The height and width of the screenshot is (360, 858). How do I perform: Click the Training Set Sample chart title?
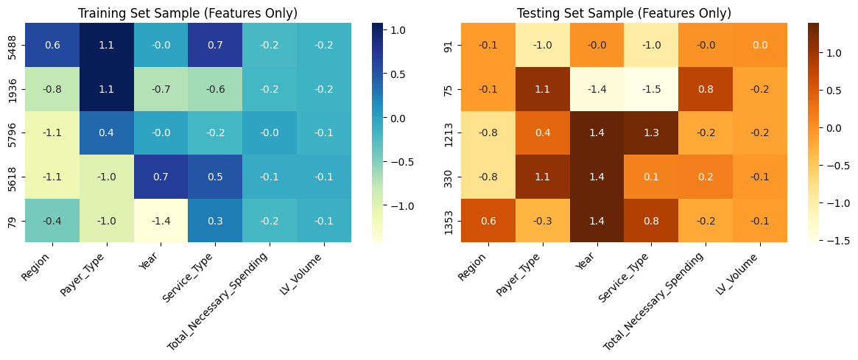pyautogui.click(x=188, y=13)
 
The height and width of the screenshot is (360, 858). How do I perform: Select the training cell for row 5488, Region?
pyautogui.click(x=52, y=45)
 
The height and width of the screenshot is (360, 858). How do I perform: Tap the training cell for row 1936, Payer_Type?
pyautogui.click(x=107, y=89)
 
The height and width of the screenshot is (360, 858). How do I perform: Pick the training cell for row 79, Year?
pyautogui.click(x=161, y=220)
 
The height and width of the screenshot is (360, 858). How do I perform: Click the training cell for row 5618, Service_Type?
pyautogui.click(x=215, y=177)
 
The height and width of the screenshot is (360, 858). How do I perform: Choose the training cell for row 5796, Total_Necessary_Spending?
pyautogui.click(x=269, y=133)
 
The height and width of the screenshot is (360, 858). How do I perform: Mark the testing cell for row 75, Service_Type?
pyautogui.click(x=651, y=89)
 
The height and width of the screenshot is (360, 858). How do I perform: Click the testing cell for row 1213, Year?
pyautogui.click(x=597, y=133)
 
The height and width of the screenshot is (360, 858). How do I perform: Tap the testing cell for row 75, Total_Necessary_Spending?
pyautogui.click(x=705, y=89)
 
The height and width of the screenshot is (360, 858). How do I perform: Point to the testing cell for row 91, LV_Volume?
pyautogui.click(x=759, y=45)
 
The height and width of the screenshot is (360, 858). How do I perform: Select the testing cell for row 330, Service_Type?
pyautogui.click(x=651, y=177)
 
